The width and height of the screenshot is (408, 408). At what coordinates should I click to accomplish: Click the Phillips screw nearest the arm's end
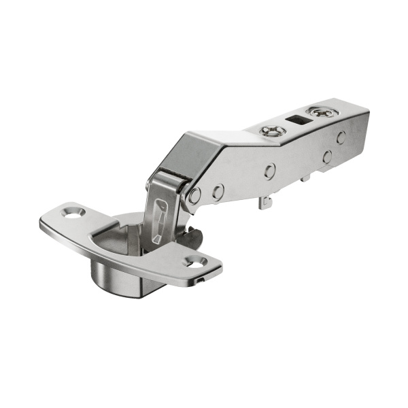(318, 111)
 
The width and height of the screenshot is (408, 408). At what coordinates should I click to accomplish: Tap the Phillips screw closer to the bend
(272, 131)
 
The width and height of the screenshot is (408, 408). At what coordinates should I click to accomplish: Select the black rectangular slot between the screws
(296, 120)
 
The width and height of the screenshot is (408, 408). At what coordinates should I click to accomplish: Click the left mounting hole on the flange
(71, 213)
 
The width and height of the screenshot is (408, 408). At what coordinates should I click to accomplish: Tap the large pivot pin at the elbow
(194, 196)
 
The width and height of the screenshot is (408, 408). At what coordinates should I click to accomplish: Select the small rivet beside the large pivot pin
(218, 192)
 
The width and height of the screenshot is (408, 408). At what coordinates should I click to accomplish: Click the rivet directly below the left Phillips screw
(270, 171)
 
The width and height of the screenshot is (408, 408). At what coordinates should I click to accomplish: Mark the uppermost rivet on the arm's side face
(341, 136)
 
